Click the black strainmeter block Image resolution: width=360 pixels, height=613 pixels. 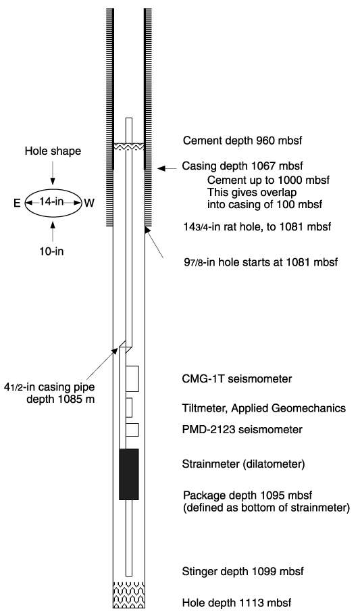(128, 474)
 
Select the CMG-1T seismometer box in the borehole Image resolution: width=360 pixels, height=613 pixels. (132, 378)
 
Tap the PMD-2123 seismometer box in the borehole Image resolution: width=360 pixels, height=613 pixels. (132, 430)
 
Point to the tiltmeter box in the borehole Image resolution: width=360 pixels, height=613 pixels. (129, 408)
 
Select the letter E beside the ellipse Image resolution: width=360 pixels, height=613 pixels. (17, 203)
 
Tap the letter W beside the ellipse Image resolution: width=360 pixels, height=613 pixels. (89, 203)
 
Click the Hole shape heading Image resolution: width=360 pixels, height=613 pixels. (53, 151)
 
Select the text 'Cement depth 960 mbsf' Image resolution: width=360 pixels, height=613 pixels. (242, 141)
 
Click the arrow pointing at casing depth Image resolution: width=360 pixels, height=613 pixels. (167, 168)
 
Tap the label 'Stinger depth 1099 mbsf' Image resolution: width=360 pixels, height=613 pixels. (242, 572)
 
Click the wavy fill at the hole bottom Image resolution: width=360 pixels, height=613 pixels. (129, 594)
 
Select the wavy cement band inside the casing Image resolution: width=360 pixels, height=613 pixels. (129, 146)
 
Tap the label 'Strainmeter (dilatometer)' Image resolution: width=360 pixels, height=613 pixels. (243, 464)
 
